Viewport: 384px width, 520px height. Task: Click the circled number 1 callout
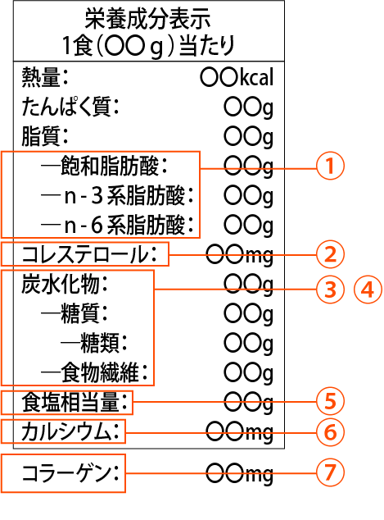330,166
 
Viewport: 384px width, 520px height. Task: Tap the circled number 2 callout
330,254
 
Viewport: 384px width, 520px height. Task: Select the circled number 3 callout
330,290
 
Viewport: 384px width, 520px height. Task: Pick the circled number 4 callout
368,290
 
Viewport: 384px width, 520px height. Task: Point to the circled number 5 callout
330,401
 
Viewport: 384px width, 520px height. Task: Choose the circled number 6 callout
330,432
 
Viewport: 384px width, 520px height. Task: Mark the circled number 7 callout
330,472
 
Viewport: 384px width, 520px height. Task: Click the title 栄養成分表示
147,19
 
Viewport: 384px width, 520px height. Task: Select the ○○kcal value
237,77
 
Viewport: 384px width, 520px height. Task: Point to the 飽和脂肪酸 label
114,166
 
